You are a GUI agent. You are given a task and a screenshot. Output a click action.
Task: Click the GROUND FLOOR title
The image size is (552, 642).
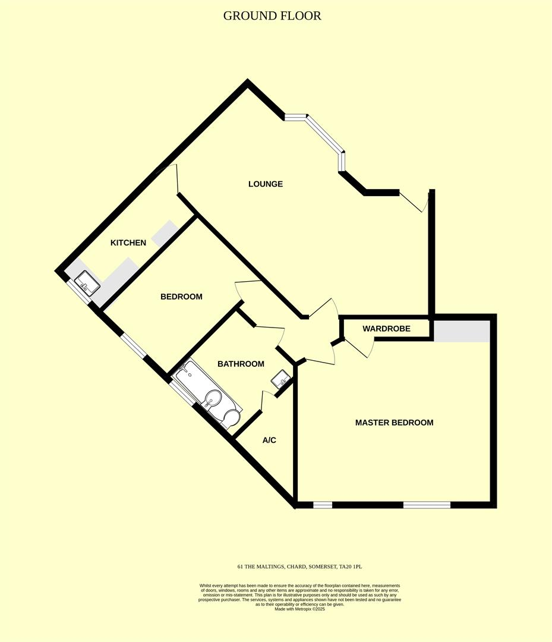[272, 16]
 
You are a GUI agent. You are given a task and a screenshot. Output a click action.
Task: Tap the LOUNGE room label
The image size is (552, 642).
[266, 184]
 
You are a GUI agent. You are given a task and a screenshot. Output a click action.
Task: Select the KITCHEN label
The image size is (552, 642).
[128, 243]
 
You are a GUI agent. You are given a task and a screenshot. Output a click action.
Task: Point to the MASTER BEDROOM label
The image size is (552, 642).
[394, 423]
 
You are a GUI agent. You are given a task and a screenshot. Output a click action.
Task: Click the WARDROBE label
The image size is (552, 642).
[387, 329]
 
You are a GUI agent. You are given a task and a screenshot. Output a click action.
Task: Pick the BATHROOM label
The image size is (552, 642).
[241, 364]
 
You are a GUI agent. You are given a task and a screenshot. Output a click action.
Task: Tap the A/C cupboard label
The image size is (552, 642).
[270, 440]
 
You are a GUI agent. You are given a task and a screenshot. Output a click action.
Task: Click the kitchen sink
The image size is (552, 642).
[87, 282]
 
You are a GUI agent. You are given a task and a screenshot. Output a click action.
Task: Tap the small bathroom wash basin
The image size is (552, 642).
[281, 378]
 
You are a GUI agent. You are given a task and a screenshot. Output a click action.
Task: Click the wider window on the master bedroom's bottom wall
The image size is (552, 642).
[427, 505]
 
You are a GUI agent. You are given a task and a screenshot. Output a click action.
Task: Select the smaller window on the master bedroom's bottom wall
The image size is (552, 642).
[323, 505]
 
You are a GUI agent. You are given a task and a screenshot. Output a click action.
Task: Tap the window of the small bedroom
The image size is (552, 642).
[133, 346]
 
